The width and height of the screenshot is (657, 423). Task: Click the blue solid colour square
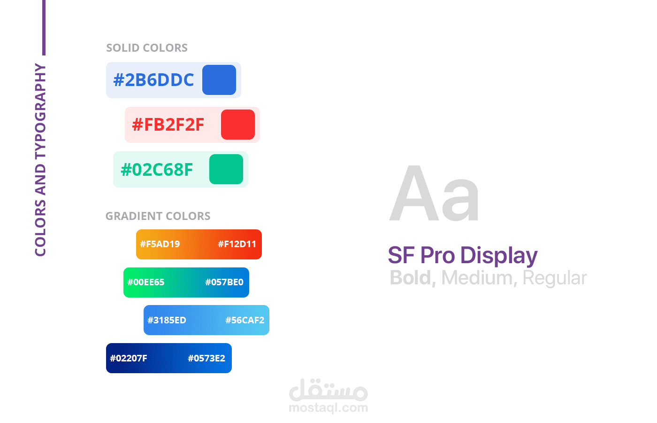pyautogui.click(x=219, y=80)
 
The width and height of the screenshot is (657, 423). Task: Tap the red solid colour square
pyautogui.click(x=238, y=125)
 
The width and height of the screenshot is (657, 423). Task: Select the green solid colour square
pyautogui.click(x=226, y=169)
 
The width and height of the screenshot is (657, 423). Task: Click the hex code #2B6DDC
pyautogui.click(x=153, y=80)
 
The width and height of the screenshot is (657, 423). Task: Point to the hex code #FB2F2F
pyautogui.click(x=168, y=125)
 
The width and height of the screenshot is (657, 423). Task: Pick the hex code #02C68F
pyautogui.click(x=157, y=170)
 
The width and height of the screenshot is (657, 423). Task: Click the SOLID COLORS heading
pyautogui.click(x=147, y=48)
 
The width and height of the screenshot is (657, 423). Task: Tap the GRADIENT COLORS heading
pyautogui.click(x=158, y=216)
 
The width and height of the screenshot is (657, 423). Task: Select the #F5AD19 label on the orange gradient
pyautogui.click(x=160, y=244)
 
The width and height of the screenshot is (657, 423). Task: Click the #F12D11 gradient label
pyautogui.click(x=237, y=244)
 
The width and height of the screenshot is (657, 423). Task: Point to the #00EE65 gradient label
pyautogui.click(x=146, y=282)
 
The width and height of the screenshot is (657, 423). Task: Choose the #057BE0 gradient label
pyautogui.click(x=224, y=282)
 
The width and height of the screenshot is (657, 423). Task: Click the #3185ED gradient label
pyautogui.click(x=167, y=320)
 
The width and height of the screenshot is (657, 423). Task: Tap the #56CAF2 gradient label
pyautogui.click(x=245, y=320)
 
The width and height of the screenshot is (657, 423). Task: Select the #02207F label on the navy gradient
pyautogui.click(x=129, y=358)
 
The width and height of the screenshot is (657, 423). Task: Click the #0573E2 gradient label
pyautogui.click(x=206, y=358)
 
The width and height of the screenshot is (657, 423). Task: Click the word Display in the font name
pyautogui.click(x=499, y=256)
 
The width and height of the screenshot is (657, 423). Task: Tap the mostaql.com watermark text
pyautogui.click(x=328, y=407)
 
